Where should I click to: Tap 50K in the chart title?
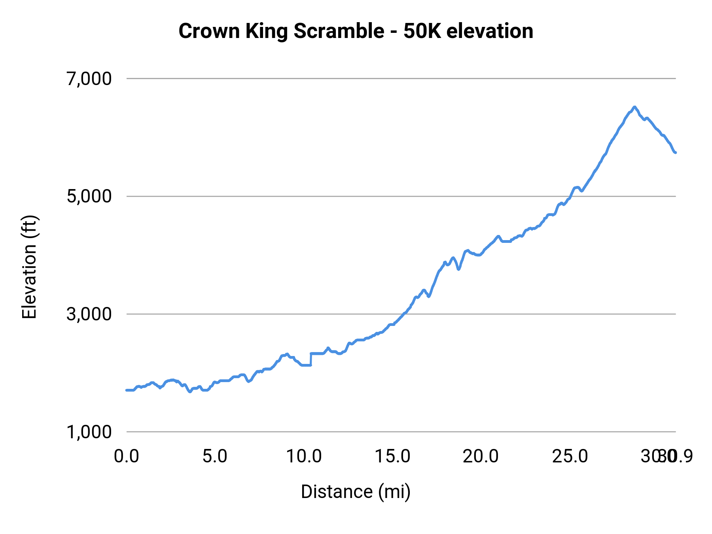[422, 31]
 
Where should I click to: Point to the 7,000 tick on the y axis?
[89, 79]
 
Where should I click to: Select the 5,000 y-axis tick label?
[89, 196]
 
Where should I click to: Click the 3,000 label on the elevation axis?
[89, 314]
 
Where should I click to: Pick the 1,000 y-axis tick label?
[89, 432]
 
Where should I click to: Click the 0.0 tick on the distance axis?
[126, 456]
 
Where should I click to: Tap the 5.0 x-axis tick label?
[215, 456]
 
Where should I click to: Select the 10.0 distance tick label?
[304, 456]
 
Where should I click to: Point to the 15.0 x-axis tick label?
[392, 456]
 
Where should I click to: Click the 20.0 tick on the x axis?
[481, 456]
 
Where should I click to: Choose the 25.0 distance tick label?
[570, 456]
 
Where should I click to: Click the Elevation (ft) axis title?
[29, 267]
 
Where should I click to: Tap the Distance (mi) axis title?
[356, 492]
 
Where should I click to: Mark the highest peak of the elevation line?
[634, 107]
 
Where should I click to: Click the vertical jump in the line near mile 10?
[311, 359]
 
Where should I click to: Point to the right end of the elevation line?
[676, 152]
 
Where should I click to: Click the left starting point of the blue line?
[127, 390]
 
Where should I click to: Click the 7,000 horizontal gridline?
[396, 79]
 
